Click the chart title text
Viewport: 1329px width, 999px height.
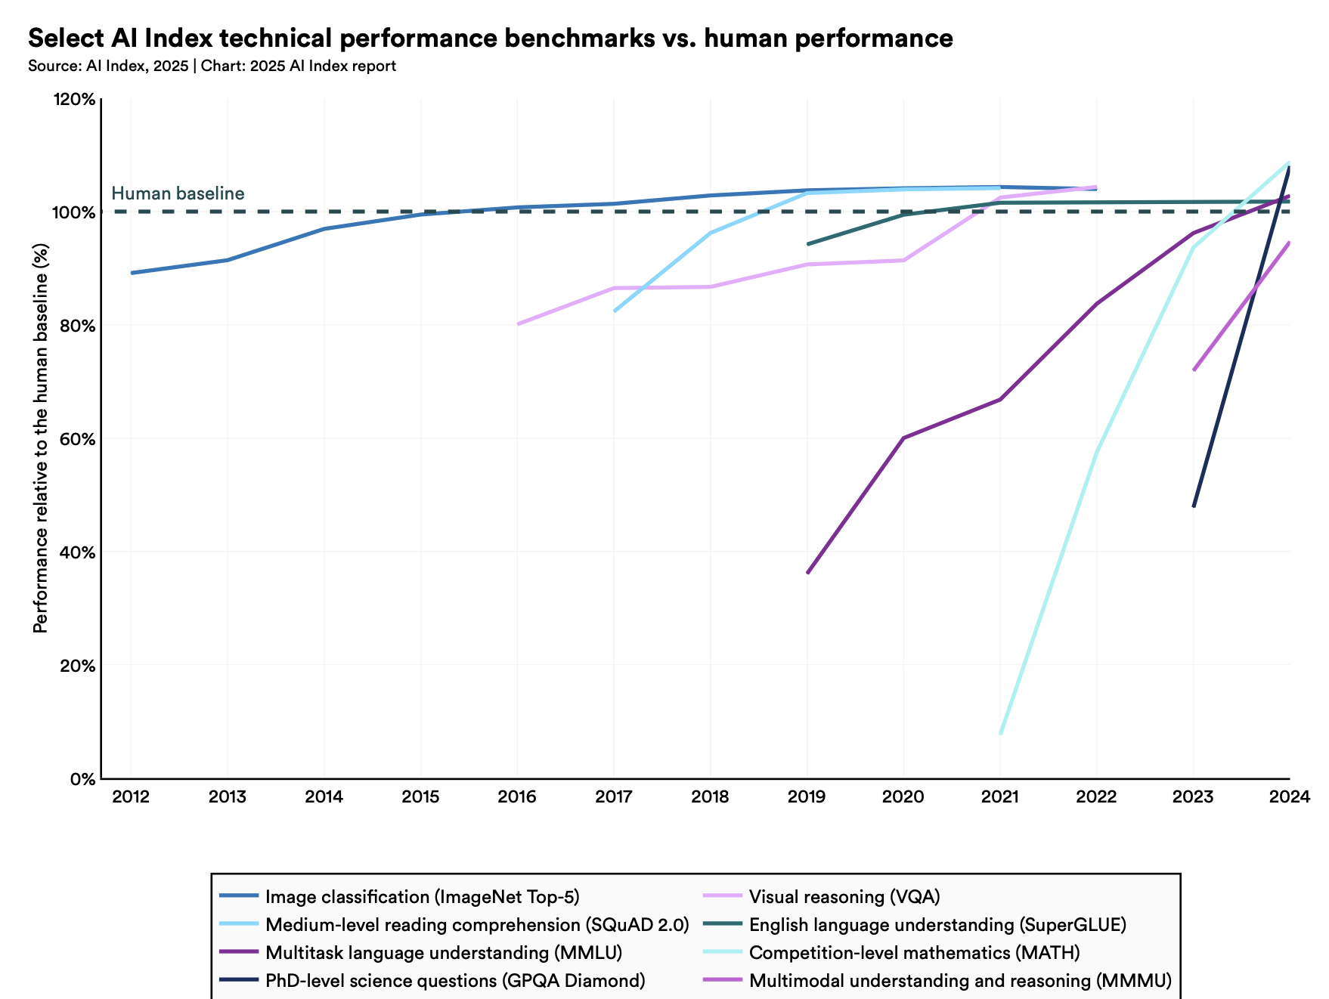click(x=490, y=38)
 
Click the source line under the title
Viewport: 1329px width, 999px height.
click(x=212, y=66)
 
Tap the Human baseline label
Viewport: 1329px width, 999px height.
click(x=178, y=193)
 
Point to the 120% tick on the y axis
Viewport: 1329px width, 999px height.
click(x=73, y=99)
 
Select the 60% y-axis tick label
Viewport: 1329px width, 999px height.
click(x=76, y=439)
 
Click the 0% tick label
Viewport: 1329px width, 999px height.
click(x=82, y=779)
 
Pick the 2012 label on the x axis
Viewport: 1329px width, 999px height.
click(x=131, y=796)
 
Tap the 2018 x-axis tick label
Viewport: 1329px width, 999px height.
click(x=710, y=796)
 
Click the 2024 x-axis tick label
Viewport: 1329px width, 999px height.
click(x=1289, y=796)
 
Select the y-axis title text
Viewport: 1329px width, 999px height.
click(x=41, y=438)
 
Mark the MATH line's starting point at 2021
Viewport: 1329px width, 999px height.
click(x=1000, y=733)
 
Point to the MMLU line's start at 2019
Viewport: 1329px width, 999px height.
click(x=807, y=573)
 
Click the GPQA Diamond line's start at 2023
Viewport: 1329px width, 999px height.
click(x=1194, y=506)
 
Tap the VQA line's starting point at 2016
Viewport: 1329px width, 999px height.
click(x=518, y=324)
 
